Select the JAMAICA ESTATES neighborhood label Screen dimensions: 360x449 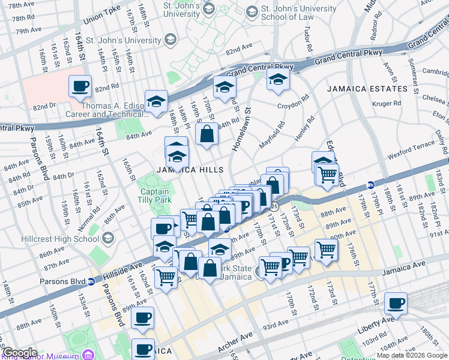point(367,89)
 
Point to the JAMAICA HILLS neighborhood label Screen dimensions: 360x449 point(190,170)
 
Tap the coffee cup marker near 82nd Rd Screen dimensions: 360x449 point(80,86)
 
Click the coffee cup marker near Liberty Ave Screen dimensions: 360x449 point(396,303)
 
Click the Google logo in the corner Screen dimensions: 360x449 point(19,353)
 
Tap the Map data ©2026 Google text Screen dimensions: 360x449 point(412,355)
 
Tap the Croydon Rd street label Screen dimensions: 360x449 point(293,101)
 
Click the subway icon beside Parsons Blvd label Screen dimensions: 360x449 point(91,281)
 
